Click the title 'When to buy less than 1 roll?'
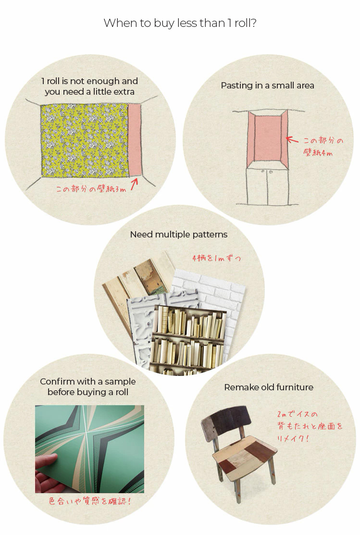[x=180, y=23]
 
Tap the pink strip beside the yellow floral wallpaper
[x=135, y=140]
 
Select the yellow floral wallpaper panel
[x=85, y=140]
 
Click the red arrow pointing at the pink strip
[x=134, y=184]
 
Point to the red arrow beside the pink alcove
[x=292, y=140]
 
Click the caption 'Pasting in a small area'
[x=268, y=85]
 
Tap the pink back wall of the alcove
[x=268, y=138]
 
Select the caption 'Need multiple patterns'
[x=179, y=235]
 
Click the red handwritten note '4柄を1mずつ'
[x=217, y=258]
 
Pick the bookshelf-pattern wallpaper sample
[x=187, y=339]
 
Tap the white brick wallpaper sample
[x=218, y=293]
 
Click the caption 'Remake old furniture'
[x=269, y=387]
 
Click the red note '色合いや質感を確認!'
[x=90, y=501]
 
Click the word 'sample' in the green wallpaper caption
[x=120, y=382]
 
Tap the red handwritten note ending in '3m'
[x=91, y=189]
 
